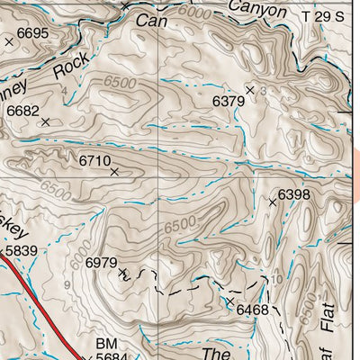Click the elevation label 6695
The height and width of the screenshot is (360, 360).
pos(32,32)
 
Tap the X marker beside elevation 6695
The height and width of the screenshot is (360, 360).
pos(10,41)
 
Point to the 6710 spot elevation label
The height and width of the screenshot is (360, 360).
pos(94,160)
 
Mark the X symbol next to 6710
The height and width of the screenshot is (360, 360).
pos(114,171)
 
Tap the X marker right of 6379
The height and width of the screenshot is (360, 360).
pos(250,90)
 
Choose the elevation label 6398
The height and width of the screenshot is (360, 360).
pos(294,193)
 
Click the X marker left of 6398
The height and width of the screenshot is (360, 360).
pos(273,202)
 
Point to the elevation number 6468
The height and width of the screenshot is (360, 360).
pos(253,310)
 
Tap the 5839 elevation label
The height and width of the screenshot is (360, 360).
pos(22,251)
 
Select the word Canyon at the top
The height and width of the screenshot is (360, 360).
pos(256,11)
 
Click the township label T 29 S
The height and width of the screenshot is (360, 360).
pos(322,16)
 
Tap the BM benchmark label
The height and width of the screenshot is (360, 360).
pos(106,343)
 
